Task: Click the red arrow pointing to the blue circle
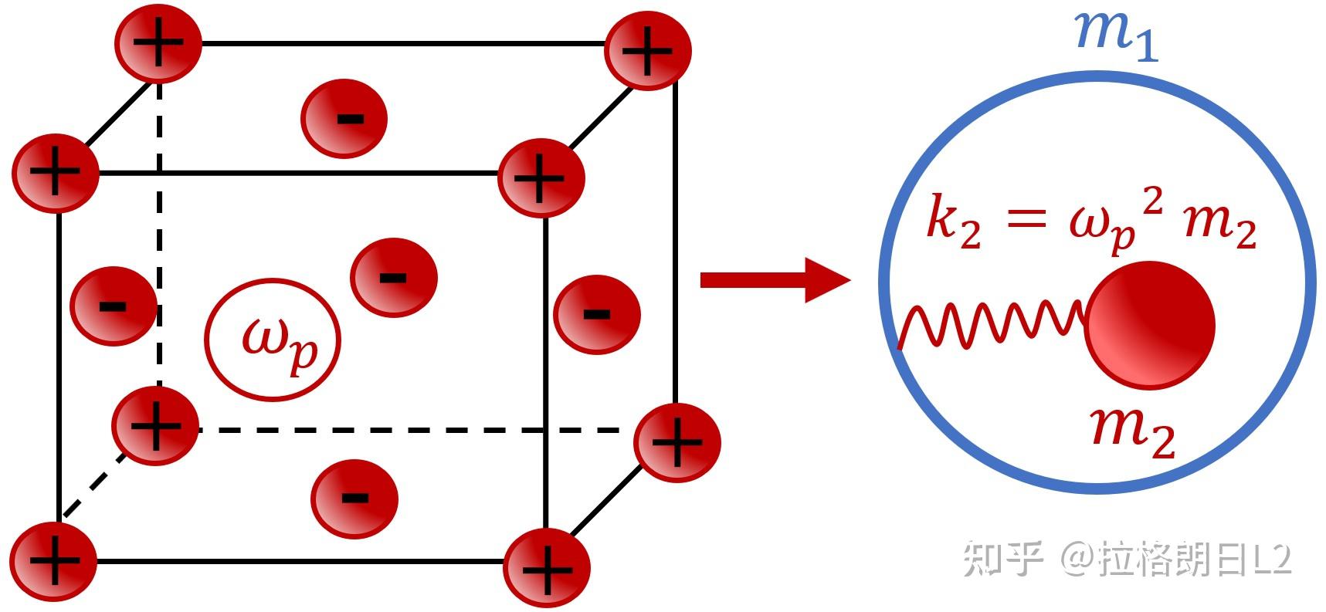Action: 775,279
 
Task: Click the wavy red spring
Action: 993,324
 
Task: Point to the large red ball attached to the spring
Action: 1151,325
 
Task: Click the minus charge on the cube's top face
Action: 344,119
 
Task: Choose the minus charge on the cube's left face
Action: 114,306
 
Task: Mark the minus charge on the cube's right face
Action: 597,314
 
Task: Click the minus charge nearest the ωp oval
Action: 394,277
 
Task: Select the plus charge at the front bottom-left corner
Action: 54,562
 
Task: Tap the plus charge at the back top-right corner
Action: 648,51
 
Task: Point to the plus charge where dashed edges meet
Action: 155,425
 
